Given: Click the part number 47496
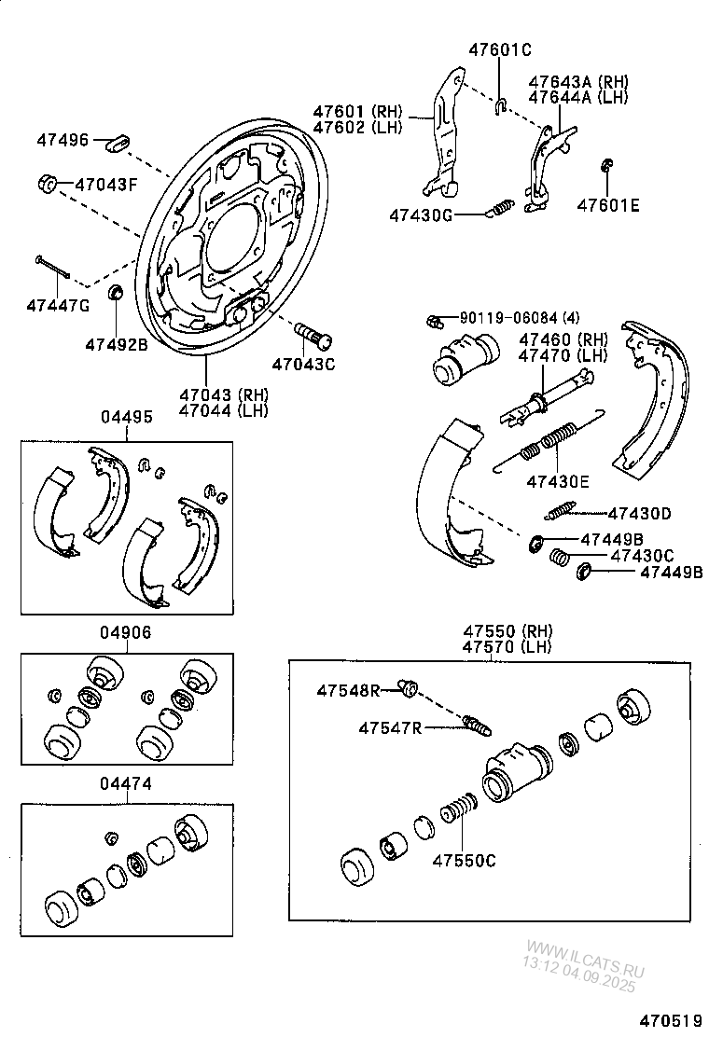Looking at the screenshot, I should (x=63, y=141).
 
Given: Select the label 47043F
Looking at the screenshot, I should (x=105, y=185).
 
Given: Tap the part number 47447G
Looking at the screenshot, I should (x=58, y=305).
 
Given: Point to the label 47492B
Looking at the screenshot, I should (x=117, y=344).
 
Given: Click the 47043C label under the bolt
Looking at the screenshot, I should (x=303, y=364).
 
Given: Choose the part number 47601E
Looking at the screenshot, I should (x=608, y=206).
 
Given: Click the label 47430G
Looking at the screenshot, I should (x=421, y=215).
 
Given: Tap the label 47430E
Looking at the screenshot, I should (x=558, y=481).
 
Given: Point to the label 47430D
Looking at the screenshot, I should (x=639, y=513).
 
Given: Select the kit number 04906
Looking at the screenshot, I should (x=127, y=631).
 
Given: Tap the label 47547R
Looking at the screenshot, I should (x=390, y=727).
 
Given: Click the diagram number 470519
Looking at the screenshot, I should (x=670, y=1021).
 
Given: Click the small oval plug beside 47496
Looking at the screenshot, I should (x=118, y=142).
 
